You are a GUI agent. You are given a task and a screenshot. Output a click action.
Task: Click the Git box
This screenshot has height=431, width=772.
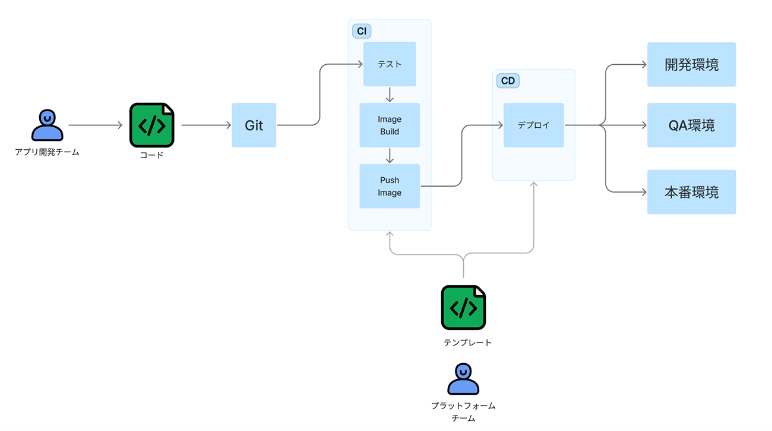point(254,125)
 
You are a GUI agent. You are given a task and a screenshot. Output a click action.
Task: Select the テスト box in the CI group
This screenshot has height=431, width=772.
point(390,64)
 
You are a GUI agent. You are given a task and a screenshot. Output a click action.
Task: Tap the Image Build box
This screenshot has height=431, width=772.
point(390,125)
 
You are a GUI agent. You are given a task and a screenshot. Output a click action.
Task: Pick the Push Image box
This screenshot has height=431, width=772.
point(390,186)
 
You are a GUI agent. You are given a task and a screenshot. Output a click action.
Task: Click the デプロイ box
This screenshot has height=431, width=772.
point(533,125)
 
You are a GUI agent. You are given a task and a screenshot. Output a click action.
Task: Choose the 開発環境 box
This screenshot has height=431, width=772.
point(691,64)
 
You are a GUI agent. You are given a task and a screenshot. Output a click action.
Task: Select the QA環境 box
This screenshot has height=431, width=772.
point(691,125)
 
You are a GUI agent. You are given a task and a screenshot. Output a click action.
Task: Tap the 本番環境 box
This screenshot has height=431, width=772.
point(691,192)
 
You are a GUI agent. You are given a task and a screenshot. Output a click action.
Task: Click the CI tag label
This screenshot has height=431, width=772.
point(362,31)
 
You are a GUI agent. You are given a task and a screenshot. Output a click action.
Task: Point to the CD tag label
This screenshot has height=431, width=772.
point(508,81)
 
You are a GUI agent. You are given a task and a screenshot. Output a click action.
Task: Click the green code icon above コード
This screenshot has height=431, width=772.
point(151,125)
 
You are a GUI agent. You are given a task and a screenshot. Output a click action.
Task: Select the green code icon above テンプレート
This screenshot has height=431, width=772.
point(463,307)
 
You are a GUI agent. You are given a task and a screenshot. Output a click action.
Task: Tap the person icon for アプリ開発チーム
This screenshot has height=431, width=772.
point(47,125)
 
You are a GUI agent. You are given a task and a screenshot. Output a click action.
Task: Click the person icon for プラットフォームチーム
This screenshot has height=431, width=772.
point(463,379)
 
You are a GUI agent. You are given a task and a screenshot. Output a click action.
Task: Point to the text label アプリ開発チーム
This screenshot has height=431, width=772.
point(47,152)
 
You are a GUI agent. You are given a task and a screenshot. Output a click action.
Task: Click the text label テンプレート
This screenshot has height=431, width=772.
point(467,342)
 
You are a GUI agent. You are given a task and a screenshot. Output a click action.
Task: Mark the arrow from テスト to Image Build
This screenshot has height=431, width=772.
point(390,95)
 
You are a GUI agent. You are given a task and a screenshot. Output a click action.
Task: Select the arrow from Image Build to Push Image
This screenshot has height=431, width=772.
point(390,156)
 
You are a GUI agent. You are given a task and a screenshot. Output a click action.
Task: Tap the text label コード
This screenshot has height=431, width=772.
point(151,155)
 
